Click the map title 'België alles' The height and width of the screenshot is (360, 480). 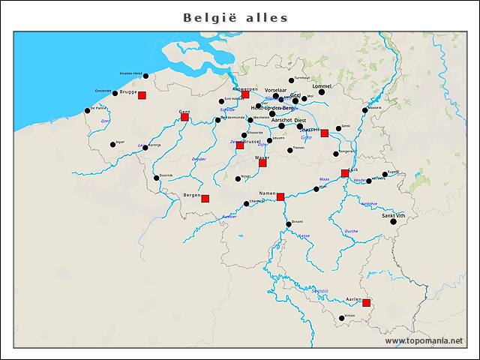coord(235,17)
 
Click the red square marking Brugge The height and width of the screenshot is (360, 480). coord(142,95)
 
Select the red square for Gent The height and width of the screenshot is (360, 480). coord(184,117)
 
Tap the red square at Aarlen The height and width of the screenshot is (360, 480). coord(367,303)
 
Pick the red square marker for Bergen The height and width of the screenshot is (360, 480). coord(205,199)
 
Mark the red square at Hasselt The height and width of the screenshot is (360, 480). coord(325,133)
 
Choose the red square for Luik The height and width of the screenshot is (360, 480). coord(345,173)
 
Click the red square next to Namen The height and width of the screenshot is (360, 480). coord(280,197)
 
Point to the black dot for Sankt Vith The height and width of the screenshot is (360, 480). coord(393,222)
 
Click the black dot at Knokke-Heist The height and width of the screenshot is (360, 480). coord(145,76)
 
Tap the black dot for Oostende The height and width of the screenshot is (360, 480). coord(115,94)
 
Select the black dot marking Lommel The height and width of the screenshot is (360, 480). coord(322,92)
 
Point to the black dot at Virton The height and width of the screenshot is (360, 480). coord(341,318)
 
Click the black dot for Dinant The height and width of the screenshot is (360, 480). coord(288,224)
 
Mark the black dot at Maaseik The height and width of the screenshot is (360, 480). coord(365,110)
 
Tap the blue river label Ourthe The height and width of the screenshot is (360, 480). coord(351,231)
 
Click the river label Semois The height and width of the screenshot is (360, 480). coord(320,290)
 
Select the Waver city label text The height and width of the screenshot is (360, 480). coord(262,158)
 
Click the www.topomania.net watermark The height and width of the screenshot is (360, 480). coord(424,340)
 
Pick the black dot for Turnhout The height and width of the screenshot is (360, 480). coord(292,80)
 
